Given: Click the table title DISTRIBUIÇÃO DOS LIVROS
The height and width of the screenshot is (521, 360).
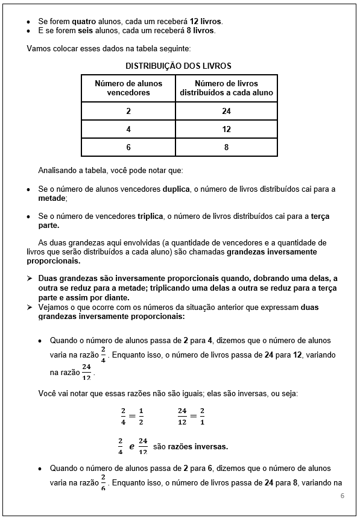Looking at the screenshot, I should point(178,66).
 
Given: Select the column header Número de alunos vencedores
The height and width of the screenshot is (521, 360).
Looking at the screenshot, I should point(128,88).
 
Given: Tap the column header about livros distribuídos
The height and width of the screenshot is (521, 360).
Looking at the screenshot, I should point(226,88).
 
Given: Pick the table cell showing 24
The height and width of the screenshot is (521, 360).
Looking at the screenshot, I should point(226,111).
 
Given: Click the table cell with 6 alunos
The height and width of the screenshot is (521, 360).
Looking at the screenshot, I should point(128,147).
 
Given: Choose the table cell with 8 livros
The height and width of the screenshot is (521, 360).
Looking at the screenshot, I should point(226,147).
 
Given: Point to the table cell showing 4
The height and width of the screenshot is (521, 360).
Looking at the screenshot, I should point(128,129).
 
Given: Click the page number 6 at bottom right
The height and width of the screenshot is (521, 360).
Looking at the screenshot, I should point(342,496).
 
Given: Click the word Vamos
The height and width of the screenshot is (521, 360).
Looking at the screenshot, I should point(39,48).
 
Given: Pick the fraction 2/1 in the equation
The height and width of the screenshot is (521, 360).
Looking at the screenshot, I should point(202,416).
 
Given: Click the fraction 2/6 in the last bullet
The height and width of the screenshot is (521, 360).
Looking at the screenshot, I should point(103,484).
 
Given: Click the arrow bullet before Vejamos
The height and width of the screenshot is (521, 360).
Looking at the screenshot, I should point(30,307).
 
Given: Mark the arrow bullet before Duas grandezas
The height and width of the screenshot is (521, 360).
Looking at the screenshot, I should point(30,279).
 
